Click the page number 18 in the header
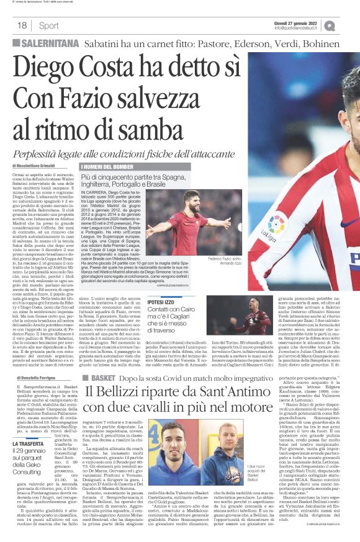pos(22,25)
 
